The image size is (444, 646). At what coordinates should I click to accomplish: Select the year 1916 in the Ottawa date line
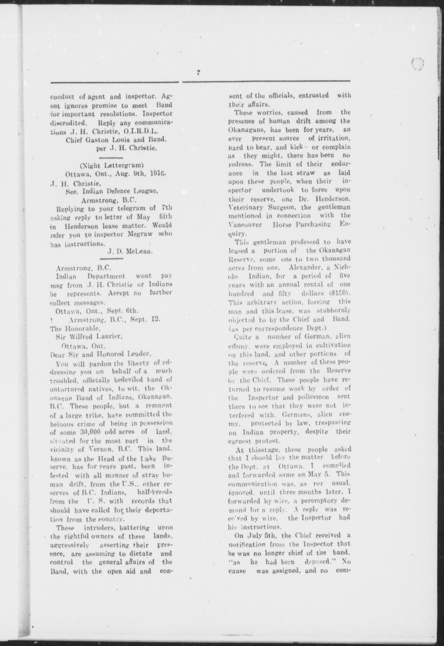159,173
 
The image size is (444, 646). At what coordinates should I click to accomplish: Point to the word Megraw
140,234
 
